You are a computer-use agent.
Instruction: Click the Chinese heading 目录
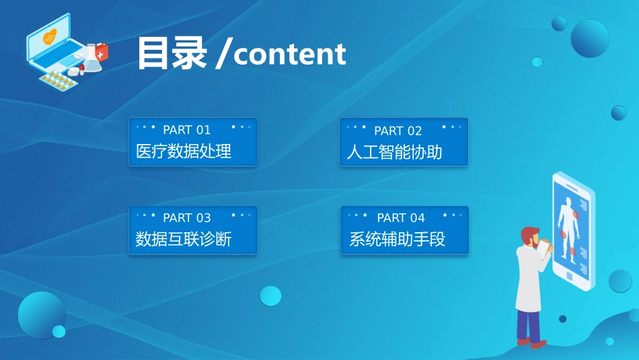click(172, 53)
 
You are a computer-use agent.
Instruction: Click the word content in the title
click(290, 55)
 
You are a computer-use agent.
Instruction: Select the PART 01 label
click(186, 130)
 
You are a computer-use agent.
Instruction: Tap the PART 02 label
click(398, 131)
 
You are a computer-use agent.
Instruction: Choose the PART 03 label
click(186, 218)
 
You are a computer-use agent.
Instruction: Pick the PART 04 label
click(401, 218)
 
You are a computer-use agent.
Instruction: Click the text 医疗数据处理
click(184, 151)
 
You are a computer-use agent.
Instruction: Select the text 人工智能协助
click(394, 152)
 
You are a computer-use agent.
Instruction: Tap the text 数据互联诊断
click(184, 239)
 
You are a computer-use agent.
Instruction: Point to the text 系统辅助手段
click(397, 239)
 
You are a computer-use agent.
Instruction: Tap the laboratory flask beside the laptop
click(92, 60)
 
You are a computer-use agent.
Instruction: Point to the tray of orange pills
click(58, 81)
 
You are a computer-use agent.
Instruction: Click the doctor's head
click(529, 236)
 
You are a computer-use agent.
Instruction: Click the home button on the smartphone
click(569, 276)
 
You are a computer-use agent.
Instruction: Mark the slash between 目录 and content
click(222, 55)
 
